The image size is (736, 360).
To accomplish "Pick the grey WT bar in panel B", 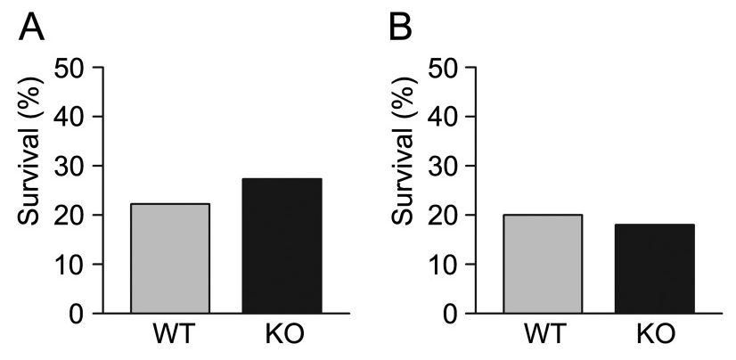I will point(544,264).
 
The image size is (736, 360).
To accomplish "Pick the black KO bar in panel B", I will point(655,268).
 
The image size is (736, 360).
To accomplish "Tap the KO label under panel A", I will point(283,337).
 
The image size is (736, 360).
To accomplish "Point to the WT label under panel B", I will point(544,337).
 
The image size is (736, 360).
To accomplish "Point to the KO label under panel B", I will point(655,337).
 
